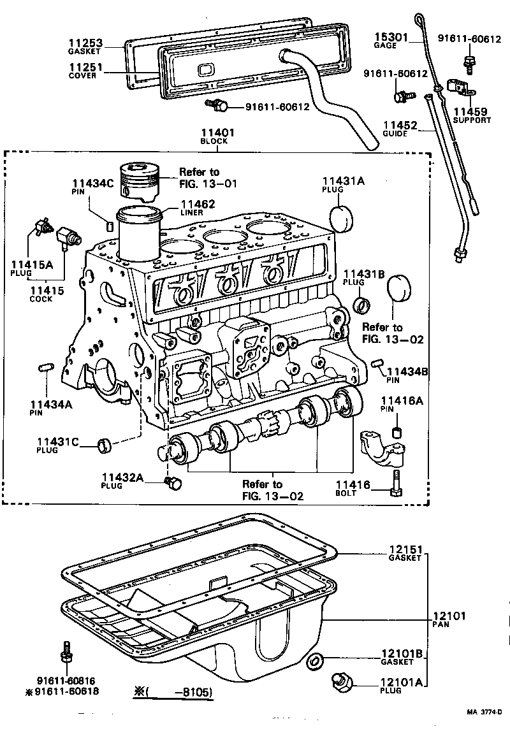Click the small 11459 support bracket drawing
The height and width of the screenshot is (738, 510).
coord(460,87)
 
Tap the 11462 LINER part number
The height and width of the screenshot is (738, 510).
coord(197,204)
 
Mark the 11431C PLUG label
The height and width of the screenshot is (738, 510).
coord(57,444)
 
